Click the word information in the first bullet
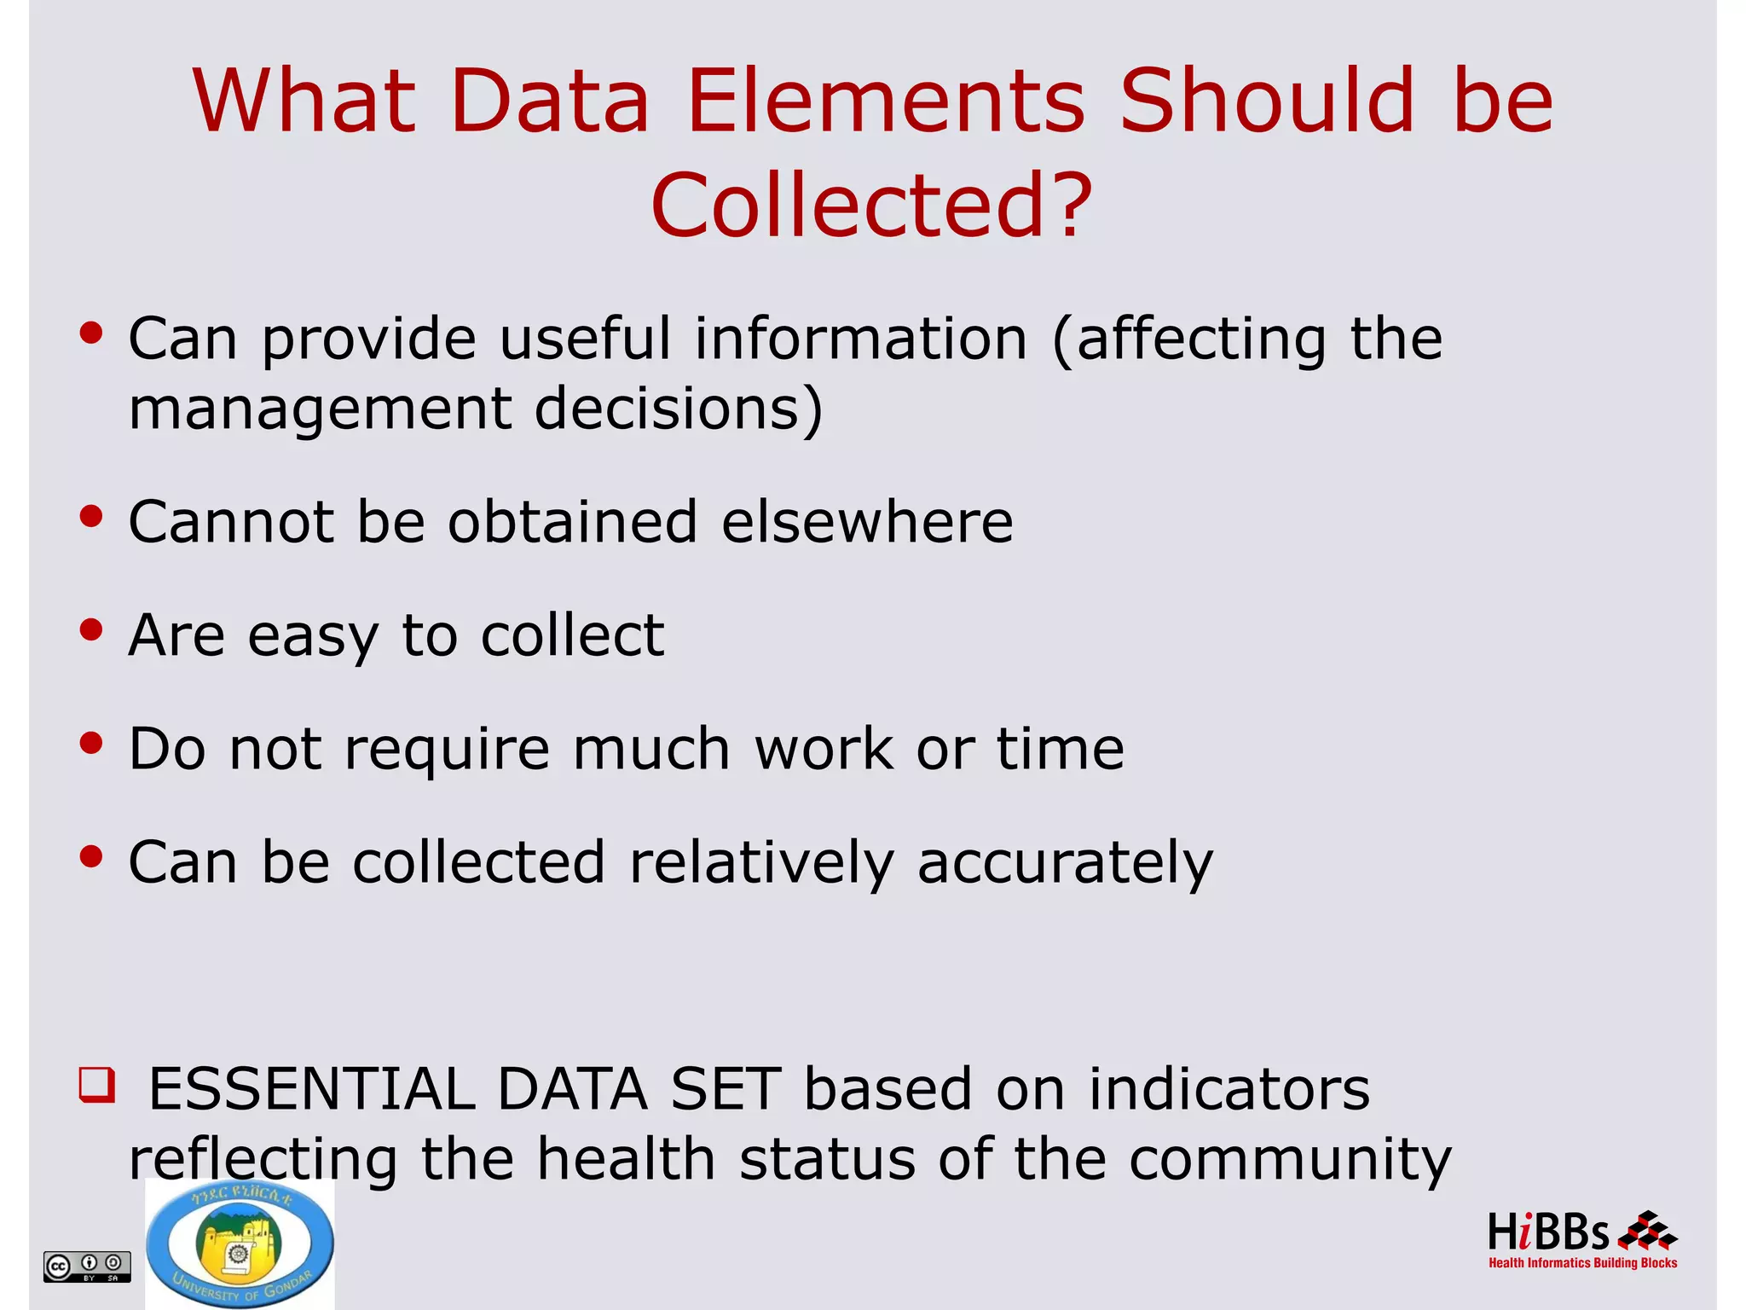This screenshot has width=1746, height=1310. point(860,339)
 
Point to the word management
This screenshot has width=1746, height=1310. point(320,409)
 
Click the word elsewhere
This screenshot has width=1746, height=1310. point(867,522)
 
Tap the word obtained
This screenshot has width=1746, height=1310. point(572,522)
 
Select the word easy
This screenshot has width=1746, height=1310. point(312,637)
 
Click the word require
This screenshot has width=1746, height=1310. point(447,750)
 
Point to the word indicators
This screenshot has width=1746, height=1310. point(1229,1090)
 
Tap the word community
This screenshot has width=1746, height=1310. point(1289,1160)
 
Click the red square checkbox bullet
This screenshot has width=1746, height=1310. point(96,1086)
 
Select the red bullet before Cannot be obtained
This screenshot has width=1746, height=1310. point(91,517)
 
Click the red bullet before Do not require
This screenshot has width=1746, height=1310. point(91,744)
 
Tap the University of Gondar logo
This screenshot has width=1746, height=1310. point(240,1243)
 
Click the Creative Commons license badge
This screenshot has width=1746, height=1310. point(87,1266)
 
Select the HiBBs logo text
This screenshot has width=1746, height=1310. point(1547,1233)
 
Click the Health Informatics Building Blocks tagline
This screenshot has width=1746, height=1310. point(1582,1263)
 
